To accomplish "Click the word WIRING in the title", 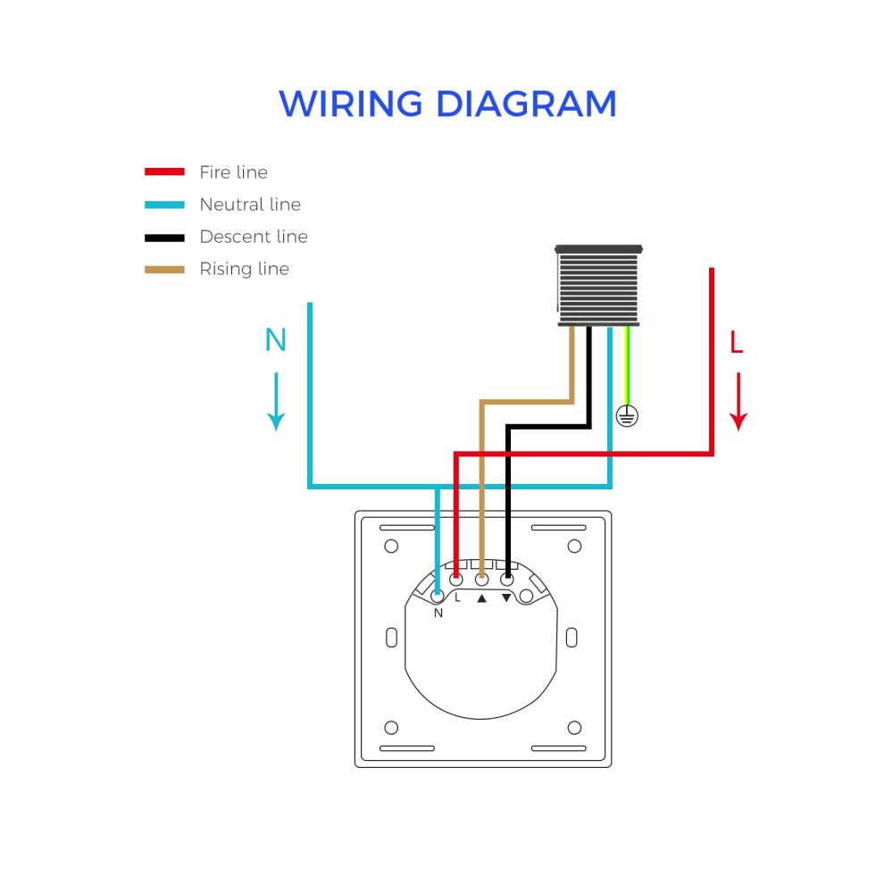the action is pos(351,104).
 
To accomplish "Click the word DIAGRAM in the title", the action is pos(526,104).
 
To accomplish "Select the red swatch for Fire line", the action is pos(164,172).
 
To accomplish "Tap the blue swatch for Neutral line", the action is pos(164,204).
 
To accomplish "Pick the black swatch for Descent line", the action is pos(164,238).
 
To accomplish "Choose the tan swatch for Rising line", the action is pos(164,270).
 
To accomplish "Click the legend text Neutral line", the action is pos(250,204).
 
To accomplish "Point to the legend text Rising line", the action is pos(245,269).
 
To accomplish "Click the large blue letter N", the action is pos(276,339).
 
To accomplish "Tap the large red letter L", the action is pos(737,343).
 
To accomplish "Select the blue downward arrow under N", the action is pos(276,402).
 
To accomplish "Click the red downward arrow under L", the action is pos(739,402).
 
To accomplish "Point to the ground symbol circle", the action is pos(627,416).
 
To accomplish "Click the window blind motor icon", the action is pos(598,286).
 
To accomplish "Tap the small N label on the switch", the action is pos(438,613).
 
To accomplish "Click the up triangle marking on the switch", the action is pos(482,598).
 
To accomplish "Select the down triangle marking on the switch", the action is pos(506,598).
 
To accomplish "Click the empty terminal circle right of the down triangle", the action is pos(526,597).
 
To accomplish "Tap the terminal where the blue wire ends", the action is pos(438,597).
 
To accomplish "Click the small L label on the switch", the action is pos(457,598).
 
